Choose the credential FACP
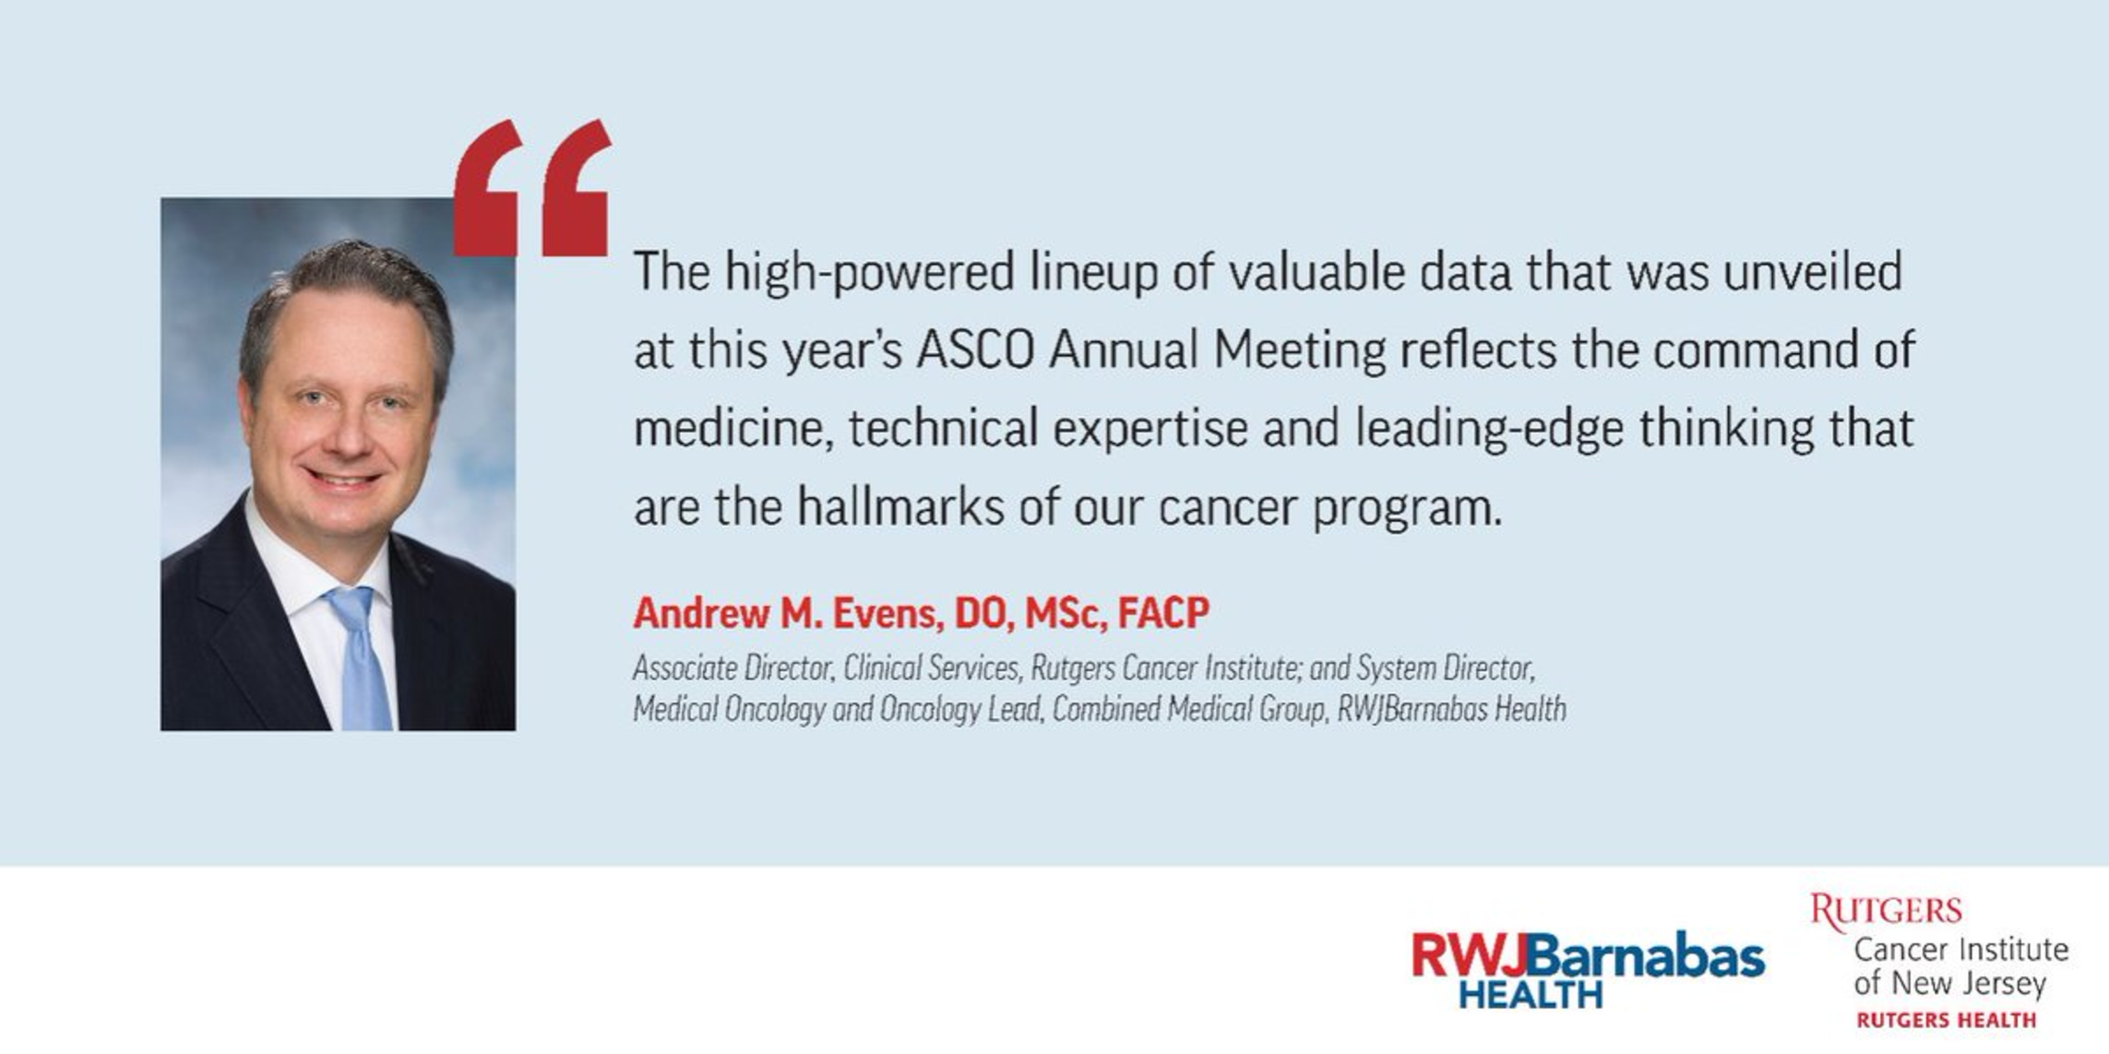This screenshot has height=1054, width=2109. (x=1162, y=612)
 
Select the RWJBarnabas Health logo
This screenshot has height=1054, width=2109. (x=1588, y=968)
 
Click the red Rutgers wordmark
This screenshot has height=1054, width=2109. (x=1885, y=911)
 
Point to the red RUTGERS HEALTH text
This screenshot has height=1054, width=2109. (x=1947, y=1020)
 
